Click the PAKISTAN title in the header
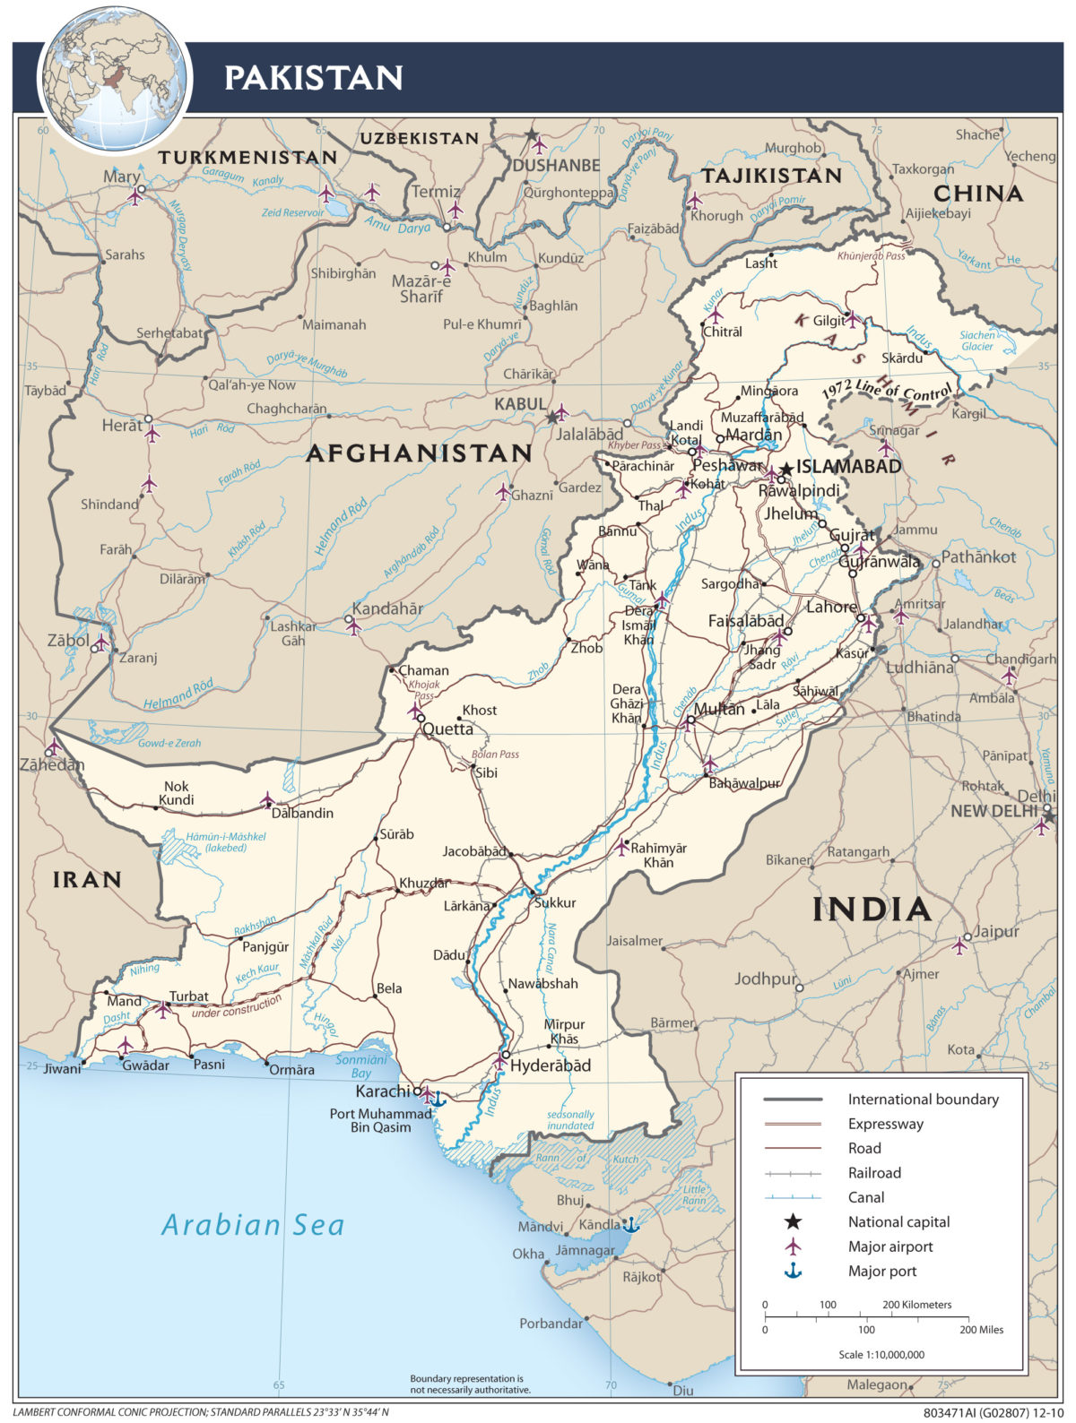(x=313, y=78)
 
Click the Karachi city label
(x=383, y=1091)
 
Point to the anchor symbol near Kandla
(x=631, y=1224)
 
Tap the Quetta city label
(x=447, y=729)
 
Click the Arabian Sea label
(x=253, y=1225)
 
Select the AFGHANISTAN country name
(x=419, y=453)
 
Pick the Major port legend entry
(x=882, y=1271)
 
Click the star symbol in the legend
(x=793, y=1221)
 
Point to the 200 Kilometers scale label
(x=916, y=1305)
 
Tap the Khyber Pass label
(x=634, y=445)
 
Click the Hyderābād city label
(x=551, y=1065)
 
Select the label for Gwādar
(x=145, y=1065)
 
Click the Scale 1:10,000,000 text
(x=881, y=1354)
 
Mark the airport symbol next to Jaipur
(x=960, y=944)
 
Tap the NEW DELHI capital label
(x=994, y=811)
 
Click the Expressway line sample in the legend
(x=793, y=1124)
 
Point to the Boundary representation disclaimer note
(x=470, y=1384)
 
